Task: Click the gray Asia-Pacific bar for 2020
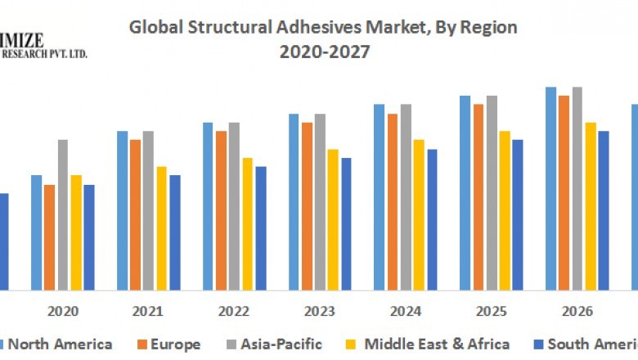[63, 214]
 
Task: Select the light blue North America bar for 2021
[122, 210]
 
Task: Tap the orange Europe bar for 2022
[221, 210]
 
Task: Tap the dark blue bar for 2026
[604, 210]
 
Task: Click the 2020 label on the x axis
[63, 311]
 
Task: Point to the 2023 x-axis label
[320, 311]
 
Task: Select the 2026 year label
[577, 311]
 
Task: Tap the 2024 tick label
[406, 311]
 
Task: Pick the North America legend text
[60, 344]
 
